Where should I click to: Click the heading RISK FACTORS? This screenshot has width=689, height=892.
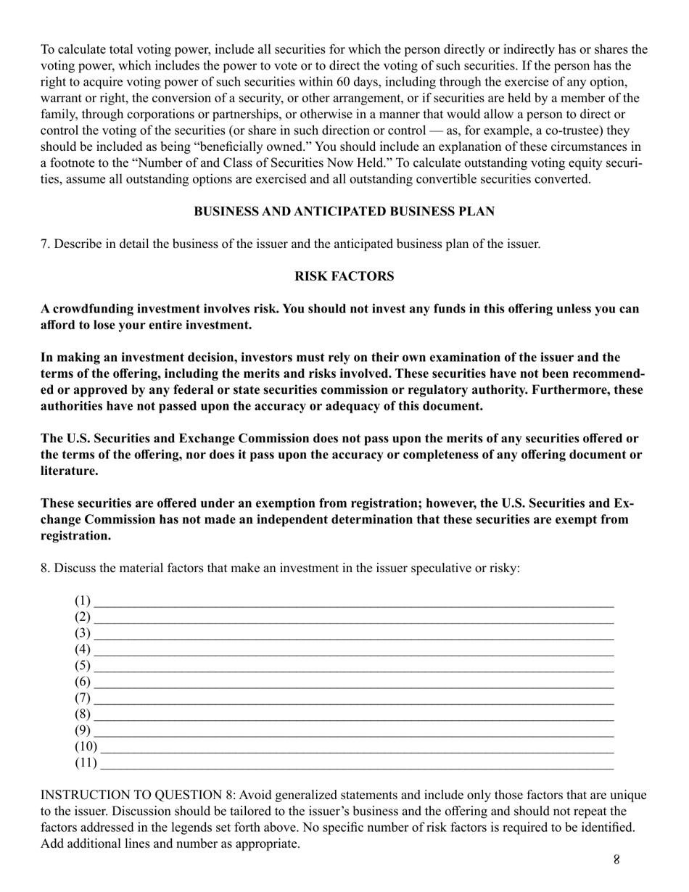(x=344, y=276)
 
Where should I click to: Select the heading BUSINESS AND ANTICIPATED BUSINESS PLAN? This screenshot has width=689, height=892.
(x=344, y=211)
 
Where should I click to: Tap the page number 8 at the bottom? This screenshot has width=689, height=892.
(x=616, y=860)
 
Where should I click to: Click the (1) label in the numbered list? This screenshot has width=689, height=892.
(x=83, y=600)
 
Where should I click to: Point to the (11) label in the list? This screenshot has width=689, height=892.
(x=86, y=763)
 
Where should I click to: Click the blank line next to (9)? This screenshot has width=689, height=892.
(x=354, y=732)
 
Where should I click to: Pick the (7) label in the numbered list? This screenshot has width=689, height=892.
(x=83, y=698)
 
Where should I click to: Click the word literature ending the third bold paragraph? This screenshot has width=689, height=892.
(x=69, y=471)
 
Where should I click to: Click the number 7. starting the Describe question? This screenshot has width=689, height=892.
(x=46, y=244)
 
